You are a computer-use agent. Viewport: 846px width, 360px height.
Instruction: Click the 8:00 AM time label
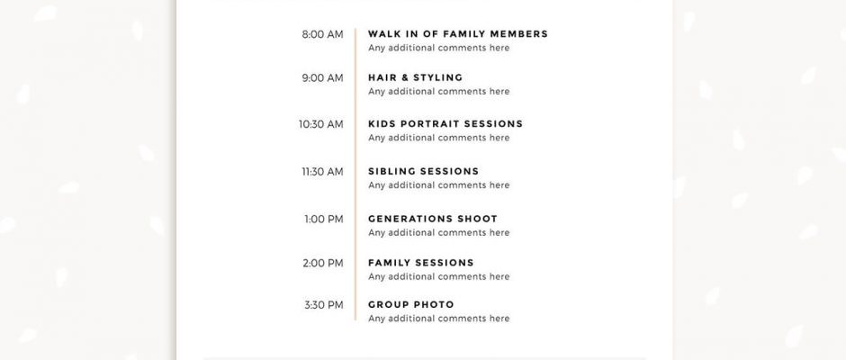(322, 34)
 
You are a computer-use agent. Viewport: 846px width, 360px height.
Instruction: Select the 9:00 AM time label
(322, 78)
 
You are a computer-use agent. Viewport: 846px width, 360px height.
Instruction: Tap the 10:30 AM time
(320, 125)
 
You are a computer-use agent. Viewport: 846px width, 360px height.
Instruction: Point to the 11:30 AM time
(322, 172)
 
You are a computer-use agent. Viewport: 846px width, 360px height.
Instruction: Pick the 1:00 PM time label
(323, 220)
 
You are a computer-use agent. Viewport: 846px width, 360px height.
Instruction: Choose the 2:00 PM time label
(322, 264)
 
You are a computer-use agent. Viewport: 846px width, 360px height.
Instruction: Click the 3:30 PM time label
(323, 305)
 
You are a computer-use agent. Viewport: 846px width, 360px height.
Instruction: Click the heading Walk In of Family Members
(457, 34)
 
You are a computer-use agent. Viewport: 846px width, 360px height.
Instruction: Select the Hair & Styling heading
(416, 77)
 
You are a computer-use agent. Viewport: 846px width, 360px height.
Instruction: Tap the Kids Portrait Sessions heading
(445, 124)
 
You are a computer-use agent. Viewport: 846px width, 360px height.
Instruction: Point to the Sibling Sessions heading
(424, 172)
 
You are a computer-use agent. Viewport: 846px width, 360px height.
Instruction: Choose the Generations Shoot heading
(433, 219)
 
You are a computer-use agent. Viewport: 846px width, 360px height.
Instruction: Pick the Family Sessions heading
(421, 264)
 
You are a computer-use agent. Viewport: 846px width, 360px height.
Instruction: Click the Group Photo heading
(411, 305)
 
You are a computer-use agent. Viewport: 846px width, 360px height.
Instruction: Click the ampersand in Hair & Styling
(405, 77)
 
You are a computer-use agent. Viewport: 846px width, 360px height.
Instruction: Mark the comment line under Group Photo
(438, 319)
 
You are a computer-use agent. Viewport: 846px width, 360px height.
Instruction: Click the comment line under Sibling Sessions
(438, 185)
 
